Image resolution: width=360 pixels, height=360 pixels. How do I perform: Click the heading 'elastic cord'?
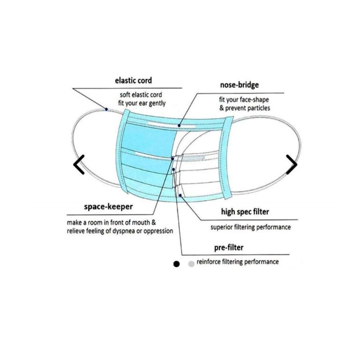click(x=134, y=81)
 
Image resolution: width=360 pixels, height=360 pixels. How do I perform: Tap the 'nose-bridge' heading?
click(x=239, y=85)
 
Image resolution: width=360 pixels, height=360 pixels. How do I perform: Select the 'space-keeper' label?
click(x=108, y=207)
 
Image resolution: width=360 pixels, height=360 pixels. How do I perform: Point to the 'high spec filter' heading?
click(x=245, y=212)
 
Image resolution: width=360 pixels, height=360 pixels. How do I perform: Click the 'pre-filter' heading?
click(x=229, y=247)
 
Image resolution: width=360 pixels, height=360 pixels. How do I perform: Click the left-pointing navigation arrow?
click(x=79, y=165)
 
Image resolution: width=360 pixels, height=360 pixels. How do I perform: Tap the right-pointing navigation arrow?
click(x=292, y=165)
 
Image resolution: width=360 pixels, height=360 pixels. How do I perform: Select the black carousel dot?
click(x=176, y=264)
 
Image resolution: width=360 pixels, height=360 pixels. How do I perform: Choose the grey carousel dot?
click(x=191, y=264)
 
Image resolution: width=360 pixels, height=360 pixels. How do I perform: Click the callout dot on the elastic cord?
click(x=106, y=109)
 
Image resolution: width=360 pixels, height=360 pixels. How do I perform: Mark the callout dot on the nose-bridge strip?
click(x=179, y=126)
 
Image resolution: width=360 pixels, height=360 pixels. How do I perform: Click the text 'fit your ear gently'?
click(x=142, y=103)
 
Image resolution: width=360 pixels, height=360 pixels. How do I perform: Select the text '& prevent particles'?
click(x=245, y=108)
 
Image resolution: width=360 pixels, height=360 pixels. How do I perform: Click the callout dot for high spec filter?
click(x=180, y=195)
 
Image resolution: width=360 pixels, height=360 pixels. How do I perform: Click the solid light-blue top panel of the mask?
click(x=149, y=140)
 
